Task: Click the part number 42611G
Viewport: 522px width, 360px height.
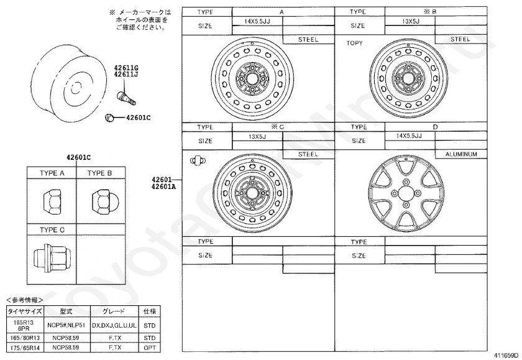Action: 126,68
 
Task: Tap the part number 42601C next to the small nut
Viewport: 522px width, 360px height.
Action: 138,118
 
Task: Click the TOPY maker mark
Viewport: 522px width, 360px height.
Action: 354,43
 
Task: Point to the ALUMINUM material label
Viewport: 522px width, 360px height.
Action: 461,154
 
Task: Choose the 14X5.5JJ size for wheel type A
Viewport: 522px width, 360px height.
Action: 257,21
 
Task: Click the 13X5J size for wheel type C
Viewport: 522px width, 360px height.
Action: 257,137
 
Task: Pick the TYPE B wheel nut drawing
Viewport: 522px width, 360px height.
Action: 101,201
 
